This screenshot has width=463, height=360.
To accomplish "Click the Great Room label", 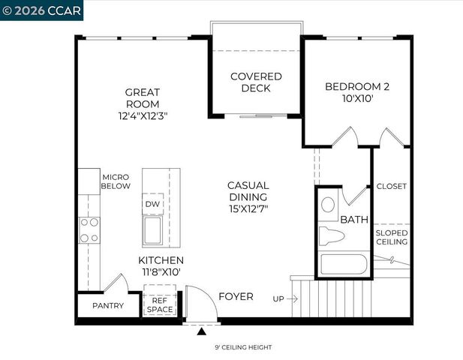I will pyautogui.click(x=143, y=98).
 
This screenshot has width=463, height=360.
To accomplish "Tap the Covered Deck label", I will pyautogui.click(x=256, y=82).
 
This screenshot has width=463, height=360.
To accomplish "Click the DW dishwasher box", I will pyautogui.click(x=153, y=204).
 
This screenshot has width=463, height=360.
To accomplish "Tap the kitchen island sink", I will pyautogui.click(x=154, y=230).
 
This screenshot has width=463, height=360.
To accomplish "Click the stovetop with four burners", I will pyautogui.click(x=90, y=229).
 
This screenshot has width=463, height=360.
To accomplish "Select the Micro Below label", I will pyautogui.click(x=116, y=181).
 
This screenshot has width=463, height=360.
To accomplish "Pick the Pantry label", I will pyautogui.click(x=108, y=306).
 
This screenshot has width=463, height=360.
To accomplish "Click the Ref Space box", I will pyautogui.click(x=159, y=304).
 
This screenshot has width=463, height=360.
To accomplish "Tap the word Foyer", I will pyautogui.click(x=236, y=297).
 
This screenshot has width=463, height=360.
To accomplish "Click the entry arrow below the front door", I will pyautogui.click(x=201, y=330).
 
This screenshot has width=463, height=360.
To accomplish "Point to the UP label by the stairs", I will pyautogui.click(x=278, y=299).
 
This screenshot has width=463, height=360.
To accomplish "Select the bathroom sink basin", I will pyautogui.click(x=329, y=205).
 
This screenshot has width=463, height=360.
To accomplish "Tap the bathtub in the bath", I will pyautogui.click(x=343, y=265).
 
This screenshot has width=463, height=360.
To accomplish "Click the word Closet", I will pyautogui.click(x=391, y=187).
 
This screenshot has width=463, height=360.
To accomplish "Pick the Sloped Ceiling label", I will pyautogui.click(x=391, y=238).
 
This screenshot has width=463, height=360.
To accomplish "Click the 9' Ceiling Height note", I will pyautogui.click(x=233, y=347).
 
